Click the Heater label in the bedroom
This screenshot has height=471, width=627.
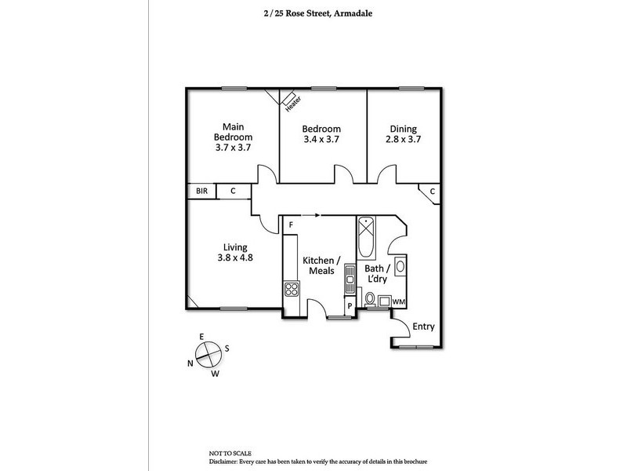pos(293,104)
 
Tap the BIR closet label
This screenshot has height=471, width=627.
pos(202,191)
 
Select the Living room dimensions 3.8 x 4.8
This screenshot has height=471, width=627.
pos(235,257)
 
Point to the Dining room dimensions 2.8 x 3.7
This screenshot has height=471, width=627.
pos(403,139)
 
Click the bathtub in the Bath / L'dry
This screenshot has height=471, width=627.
pos(366,238)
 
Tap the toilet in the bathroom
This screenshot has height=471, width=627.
pos(370,299)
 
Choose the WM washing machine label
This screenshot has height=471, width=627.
pos(399,301)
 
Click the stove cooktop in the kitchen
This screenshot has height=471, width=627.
pos(292,289)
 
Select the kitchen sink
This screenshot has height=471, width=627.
pos(350,279)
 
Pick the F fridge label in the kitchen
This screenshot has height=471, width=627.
pos(291,225)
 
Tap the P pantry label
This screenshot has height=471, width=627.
pos(350,306)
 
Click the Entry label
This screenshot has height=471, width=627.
pos(423,327)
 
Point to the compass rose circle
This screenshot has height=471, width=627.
pos(208,354)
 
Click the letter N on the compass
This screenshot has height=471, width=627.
pos(190,363)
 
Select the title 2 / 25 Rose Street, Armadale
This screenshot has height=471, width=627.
pos(318,13)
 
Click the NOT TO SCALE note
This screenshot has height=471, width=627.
pos(230,454)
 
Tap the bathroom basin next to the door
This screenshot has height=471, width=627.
pos(400,266)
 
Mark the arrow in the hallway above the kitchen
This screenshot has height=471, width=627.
pos(310,215)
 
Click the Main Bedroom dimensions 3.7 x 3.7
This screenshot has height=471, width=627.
pos(233,148)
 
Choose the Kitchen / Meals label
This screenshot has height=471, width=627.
pos(321,265)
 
